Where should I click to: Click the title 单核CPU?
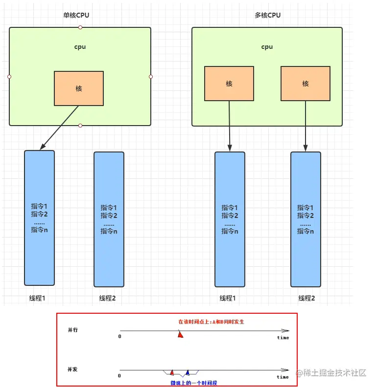76,15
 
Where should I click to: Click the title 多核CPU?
267,15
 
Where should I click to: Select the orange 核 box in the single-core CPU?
79,88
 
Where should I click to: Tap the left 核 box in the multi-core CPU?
229,84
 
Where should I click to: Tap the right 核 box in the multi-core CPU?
306,84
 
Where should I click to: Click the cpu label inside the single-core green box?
80,47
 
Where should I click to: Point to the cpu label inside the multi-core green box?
267,47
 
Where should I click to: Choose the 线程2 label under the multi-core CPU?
306,298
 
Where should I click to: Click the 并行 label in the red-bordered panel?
72,330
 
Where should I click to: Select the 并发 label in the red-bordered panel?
72,369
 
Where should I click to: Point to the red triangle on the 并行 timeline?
181,335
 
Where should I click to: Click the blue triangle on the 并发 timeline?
188,373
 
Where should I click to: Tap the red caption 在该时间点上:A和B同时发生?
211,322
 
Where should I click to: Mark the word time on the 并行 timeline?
283,338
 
